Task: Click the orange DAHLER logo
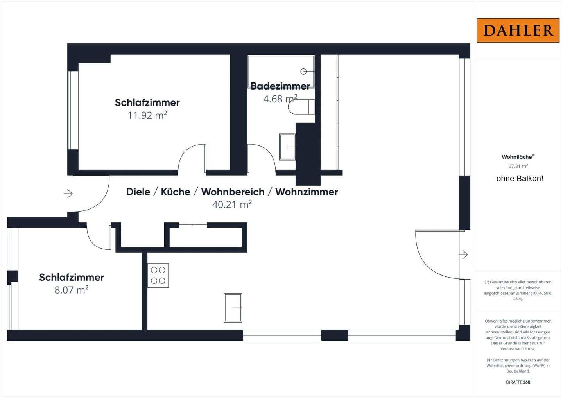point(518,30)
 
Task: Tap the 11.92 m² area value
point(147,115)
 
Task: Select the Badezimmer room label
point(280,86)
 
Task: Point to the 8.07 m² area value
point(71,290)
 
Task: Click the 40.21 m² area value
point(231,204)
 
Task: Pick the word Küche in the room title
point(176,192)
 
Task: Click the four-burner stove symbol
point(158,275)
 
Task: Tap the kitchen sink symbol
point(233,308)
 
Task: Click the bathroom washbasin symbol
point(287,147)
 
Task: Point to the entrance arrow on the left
point(68,194)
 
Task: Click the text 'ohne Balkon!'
point(520,179)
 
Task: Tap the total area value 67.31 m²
point(518,166)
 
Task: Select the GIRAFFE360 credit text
point(518,382)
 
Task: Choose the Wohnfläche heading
point(517,157)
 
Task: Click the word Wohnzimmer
point(307,192)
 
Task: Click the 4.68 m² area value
point(280,99)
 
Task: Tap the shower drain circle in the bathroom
point(303,72)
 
